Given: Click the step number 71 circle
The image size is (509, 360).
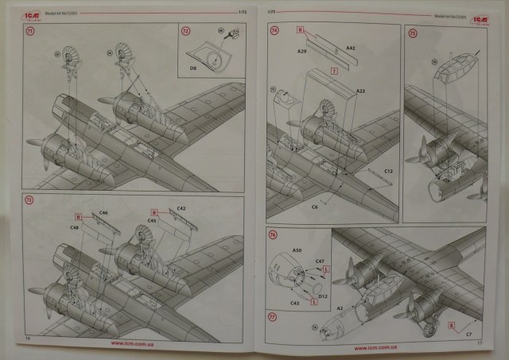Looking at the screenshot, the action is point(31,32).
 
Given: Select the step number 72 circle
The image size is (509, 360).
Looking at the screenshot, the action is point(186,32).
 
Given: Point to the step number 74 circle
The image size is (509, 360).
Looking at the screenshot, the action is point(275,31).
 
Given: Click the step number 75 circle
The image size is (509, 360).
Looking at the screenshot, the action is point(413,33).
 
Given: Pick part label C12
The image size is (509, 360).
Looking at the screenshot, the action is point(388,172).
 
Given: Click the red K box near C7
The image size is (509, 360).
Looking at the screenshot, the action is point(452,325).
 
